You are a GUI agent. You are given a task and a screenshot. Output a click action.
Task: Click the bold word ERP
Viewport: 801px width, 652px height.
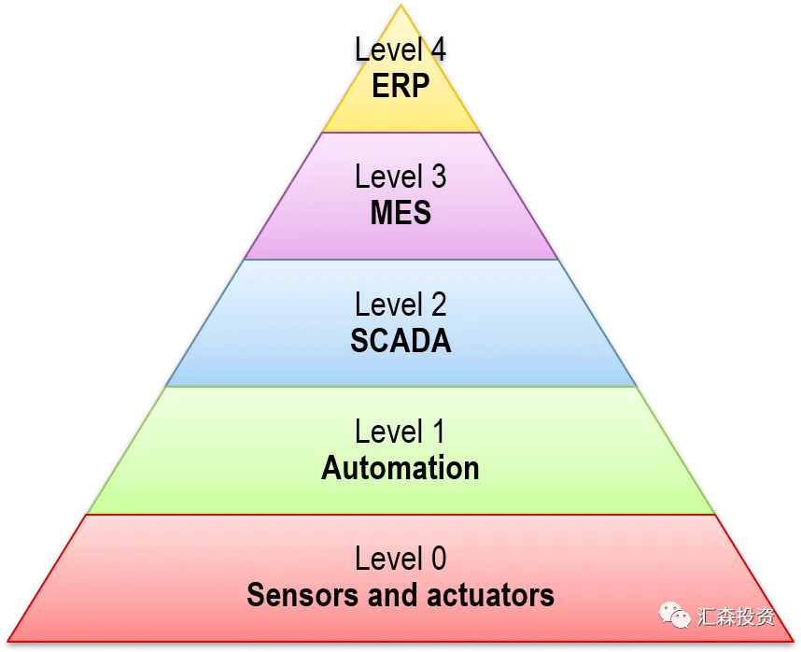click(400, 86)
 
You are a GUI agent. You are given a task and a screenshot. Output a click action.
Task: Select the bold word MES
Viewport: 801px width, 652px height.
click(400, 213)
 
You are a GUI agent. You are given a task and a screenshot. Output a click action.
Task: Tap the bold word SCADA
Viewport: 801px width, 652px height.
click(400, 341)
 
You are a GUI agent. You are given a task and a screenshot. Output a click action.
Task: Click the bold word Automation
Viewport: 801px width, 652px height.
click(400, 468)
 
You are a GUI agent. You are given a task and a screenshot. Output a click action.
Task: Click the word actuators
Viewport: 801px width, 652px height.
click(494, 595)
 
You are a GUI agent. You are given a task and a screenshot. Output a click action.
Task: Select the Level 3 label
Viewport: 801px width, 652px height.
click(400, 177)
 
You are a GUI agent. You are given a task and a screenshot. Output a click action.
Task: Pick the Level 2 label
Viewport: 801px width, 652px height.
click(400, 305)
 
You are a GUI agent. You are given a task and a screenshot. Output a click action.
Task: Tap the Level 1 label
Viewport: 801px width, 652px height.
click(400, 432)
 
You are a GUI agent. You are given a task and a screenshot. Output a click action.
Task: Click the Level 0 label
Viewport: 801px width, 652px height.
click(400, 559)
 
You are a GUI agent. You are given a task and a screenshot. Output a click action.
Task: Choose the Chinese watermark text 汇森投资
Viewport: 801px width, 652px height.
click(737, 617)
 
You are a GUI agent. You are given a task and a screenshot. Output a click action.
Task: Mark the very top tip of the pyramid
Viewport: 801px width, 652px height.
click(401, 4)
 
